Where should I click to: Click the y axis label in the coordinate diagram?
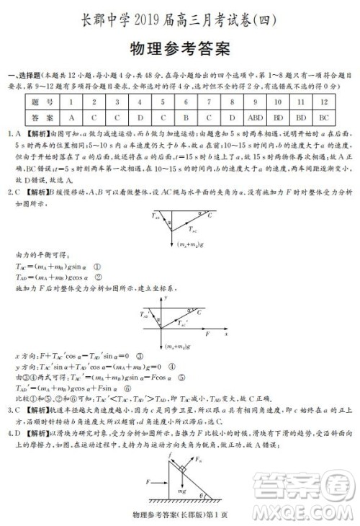click(166, 297)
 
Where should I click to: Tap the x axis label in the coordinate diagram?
click(226, 334)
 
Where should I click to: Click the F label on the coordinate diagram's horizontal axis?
click(207, 335)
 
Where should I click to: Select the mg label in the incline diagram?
click(184, 489)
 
